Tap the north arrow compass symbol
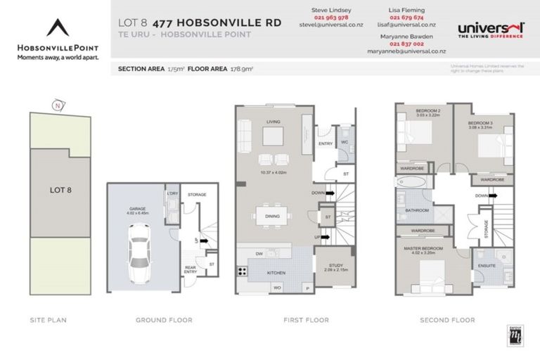[x=56, y=106]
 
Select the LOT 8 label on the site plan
[x=60, y=190]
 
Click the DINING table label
[x=273, y=217]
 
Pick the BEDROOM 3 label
[x=481, y=124]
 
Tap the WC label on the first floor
[x=344, y=141]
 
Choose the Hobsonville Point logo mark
[x=58, y=27]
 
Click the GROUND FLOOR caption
[x=164, y=320]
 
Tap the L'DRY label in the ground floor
[x=171, y=194]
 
